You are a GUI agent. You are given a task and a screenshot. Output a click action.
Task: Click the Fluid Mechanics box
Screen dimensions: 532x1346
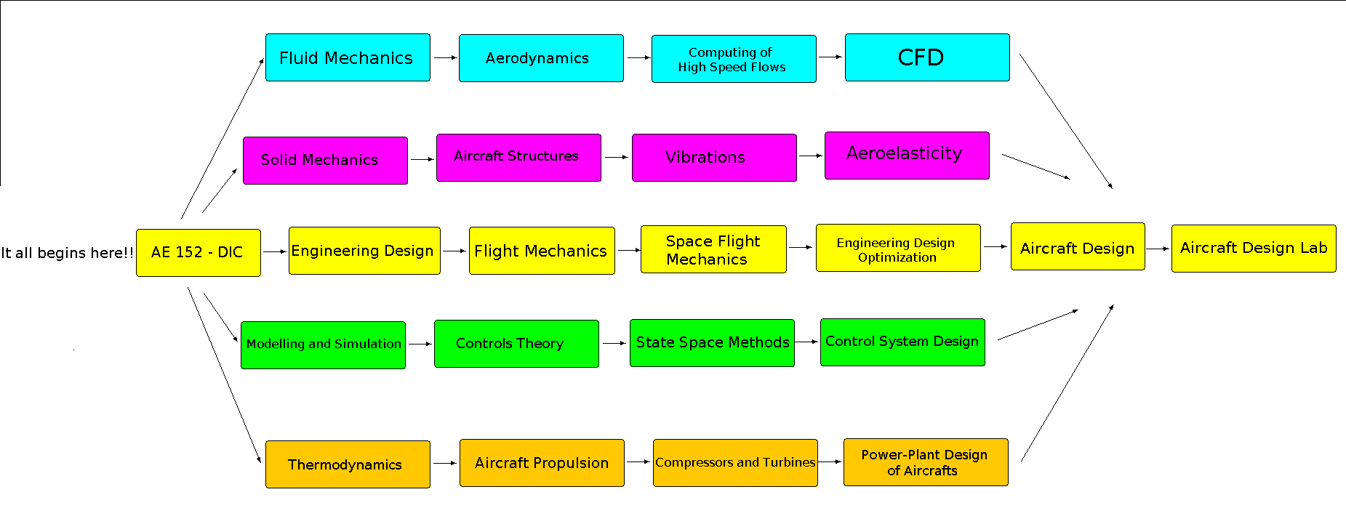pos(348,57)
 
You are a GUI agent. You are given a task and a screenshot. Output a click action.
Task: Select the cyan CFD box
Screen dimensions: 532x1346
pos(927,57)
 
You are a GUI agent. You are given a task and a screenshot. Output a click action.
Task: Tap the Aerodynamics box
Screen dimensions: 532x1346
pos(541,58)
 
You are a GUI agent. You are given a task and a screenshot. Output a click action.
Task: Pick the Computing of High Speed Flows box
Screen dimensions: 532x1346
pos(734,59)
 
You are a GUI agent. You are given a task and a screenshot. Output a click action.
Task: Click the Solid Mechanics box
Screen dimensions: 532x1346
pos(325,161)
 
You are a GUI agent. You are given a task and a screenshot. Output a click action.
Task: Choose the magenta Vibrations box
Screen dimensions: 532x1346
pos(714,158)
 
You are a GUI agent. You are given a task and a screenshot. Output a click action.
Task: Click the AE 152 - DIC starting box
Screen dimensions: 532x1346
pos(198,253)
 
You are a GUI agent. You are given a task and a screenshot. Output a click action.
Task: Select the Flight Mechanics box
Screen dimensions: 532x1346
pos(542,251)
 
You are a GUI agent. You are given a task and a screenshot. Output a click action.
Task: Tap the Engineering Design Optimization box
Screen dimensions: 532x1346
pos(898,248)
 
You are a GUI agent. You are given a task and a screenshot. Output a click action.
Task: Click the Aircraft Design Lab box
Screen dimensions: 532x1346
pos(1254,249)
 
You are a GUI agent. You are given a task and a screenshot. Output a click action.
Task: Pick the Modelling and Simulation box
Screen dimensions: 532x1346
pos(323,345)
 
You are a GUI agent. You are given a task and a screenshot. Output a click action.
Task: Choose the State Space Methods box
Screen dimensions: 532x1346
pos(712,343)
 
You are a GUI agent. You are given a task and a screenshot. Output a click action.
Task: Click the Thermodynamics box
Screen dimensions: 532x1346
pos(348,464)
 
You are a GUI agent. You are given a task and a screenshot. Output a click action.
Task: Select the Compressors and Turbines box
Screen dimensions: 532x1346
pos(735,463)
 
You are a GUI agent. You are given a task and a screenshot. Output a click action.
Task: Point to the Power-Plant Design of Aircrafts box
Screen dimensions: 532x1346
pos(926,462)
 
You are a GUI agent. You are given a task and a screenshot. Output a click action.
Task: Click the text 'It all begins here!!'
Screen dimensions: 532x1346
pos(67,253)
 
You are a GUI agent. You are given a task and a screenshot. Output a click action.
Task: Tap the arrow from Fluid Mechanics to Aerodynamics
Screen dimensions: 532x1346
pos(444,57)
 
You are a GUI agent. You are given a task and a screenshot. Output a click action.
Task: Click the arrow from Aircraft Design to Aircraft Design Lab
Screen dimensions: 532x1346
pos(1158,249)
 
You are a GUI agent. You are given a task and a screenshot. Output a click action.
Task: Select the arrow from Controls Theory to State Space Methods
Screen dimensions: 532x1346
pos(614,343)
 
